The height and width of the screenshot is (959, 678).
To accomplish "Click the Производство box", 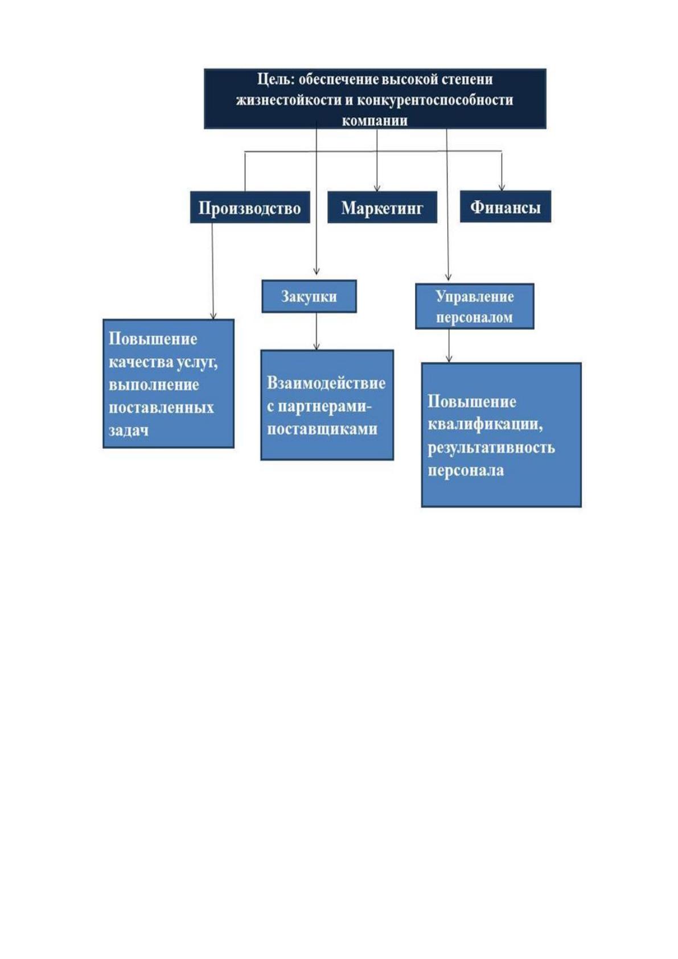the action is click(x=250, y=207).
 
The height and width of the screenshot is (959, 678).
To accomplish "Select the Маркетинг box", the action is click(x=382, y=207).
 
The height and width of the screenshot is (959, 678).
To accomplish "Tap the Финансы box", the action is click(x=506, y=206).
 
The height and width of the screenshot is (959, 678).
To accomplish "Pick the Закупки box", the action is click(x=309, y=296).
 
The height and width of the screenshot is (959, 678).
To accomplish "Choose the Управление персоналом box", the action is click(x=475, y=306).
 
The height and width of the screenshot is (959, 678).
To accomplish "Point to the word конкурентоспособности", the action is click(x=434, y=101).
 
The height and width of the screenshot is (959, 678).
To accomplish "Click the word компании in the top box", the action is click(x=375, y=120).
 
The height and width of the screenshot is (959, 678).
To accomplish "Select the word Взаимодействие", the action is click(x=326, y=383).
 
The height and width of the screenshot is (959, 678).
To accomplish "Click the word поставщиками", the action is click(x=322, y=429).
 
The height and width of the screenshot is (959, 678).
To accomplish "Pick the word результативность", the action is click(x=491, y=448).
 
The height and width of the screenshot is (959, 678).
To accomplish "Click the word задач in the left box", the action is click(x=129, y=430).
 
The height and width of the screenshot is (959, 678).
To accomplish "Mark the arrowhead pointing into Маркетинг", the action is click(x=377, y=188).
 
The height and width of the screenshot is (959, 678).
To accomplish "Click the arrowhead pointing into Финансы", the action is click(x=502, y=187).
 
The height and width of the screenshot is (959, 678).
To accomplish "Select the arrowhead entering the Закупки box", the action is click(x=317, y=272).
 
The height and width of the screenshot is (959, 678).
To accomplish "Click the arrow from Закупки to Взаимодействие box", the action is click(x=317, y=331).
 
